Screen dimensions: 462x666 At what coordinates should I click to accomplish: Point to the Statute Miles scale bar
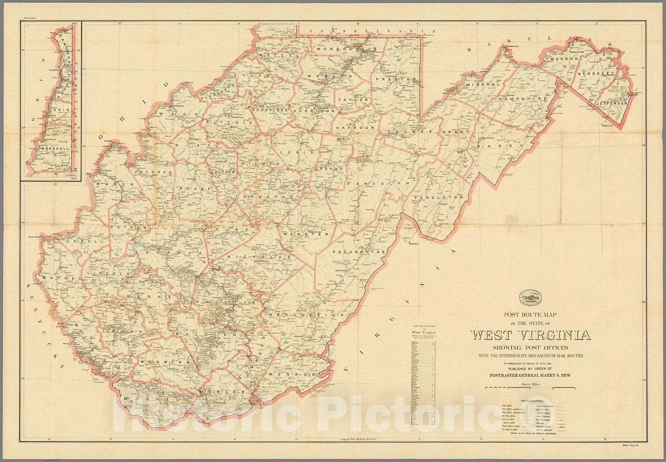pyautogui.click(x=530, y=388)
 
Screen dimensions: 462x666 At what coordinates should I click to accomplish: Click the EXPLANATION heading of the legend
pyautogui.click(x=530, y=401)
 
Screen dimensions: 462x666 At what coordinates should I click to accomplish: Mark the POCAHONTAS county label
pyautogui.click(x=358, y=252)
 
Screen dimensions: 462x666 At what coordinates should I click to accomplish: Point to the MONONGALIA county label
pyautogui.click(x=347, y=49)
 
